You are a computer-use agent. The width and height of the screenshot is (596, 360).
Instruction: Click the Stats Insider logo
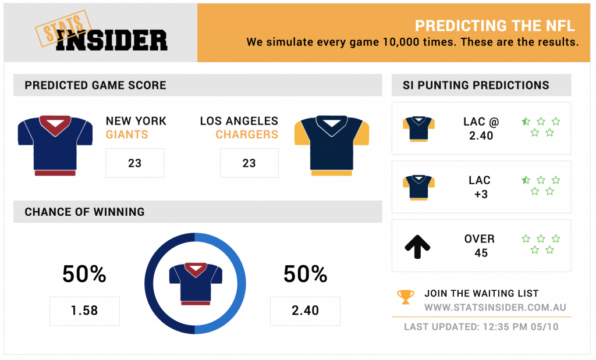click(x=101, y=31)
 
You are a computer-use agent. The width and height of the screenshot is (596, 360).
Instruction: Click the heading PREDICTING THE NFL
click(x=495, y=26)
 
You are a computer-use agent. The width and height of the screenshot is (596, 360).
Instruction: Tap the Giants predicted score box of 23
click(x=135, y=163)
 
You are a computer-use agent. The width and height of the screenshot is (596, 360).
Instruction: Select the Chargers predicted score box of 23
click(x=249, y=163)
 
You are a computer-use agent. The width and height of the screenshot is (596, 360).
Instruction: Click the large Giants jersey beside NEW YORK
click(x=55, y=145)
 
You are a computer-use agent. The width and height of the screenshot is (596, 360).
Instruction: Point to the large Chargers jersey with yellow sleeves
click(x=332, y=145)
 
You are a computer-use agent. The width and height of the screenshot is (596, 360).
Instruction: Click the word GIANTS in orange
click(x=127, y=134)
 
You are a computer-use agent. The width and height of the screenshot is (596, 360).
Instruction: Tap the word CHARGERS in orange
click(x=247, y=134)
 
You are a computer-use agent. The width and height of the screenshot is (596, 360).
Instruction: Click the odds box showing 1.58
click(x=84, y=311)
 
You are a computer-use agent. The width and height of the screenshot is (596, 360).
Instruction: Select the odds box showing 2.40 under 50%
click(x=305, y=311)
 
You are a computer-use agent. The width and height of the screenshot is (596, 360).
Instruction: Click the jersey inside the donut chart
click(x=196, y=284)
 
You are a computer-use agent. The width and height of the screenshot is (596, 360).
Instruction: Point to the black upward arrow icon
click(x=417, y=247)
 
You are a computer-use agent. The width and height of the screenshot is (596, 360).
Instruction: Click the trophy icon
click(x=406, y=297)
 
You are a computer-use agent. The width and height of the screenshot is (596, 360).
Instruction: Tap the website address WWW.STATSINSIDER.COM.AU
click(x=495, y=307)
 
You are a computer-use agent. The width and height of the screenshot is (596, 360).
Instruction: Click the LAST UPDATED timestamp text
click(x=481, y=327)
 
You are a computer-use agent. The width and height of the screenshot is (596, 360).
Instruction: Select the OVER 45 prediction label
click(x=480, y=245)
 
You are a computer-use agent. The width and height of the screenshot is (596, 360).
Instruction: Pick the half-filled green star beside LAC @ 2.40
click(x=526, y=122)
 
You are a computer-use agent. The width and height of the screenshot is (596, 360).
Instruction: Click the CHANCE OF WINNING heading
click(x=84, y=212)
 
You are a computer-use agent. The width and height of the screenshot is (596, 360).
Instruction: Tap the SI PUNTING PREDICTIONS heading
click(x=476, y=85)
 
